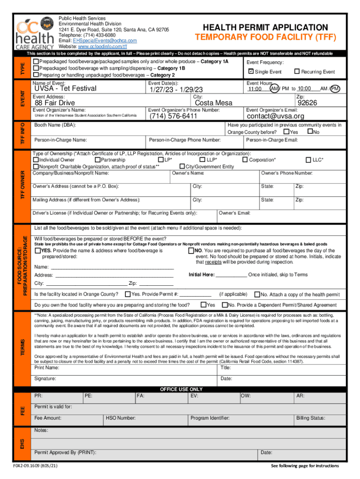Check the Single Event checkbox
(x=251, y=72)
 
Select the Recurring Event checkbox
(x=296, y=72)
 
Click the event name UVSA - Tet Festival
(x=65, y=88)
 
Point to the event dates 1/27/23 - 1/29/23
(x=176, y=89)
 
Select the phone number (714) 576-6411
(x=173, y=116)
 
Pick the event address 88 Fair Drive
(x=55, y=103)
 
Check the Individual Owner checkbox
(x=36, y=160)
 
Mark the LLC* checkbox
(x=309, y=160)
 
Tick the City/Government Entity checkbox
(x=182, y=167)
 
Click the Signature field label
(x=45, y=378)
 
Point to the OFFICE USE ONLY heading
(x=181, y=389)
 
